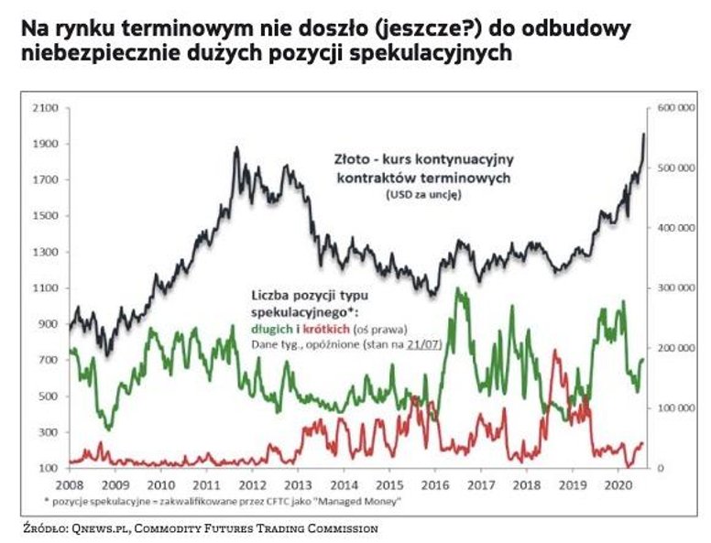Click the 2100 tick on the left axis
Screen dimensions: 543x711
tap(46, 108)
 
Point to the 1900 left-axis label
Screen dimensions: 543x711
tap(46, 144)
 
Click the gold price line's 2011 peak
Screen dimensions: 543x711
tap(236, 147)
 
